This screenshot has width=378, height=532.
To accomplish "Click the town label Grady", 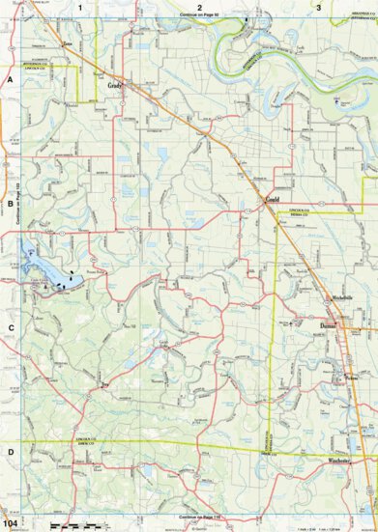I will (x=114, y=86).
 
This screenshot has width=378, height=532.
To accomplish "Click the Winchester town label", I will (x=339, y=462).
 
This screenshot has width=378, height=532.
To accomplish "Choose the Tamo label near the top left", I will (x=68, y=43).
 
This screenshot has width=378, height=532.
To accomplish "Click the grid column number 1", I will (x=79, y=7).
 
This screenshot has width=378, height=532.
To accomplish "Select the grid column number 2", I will (x=199, y=7).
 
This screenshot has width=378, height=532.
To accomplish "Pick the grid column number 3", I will (x=319, y=7).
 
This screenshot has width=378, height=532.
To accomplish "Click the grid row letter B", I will (x=10, y=205).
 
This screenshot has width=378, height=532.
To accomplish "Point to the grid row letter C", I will (x=10, y=327).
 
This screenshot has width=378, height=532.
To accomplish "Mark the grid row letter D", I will (x=10, y=451).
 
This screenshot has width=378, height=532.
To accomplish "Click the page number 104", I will (x=11, y=523).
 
